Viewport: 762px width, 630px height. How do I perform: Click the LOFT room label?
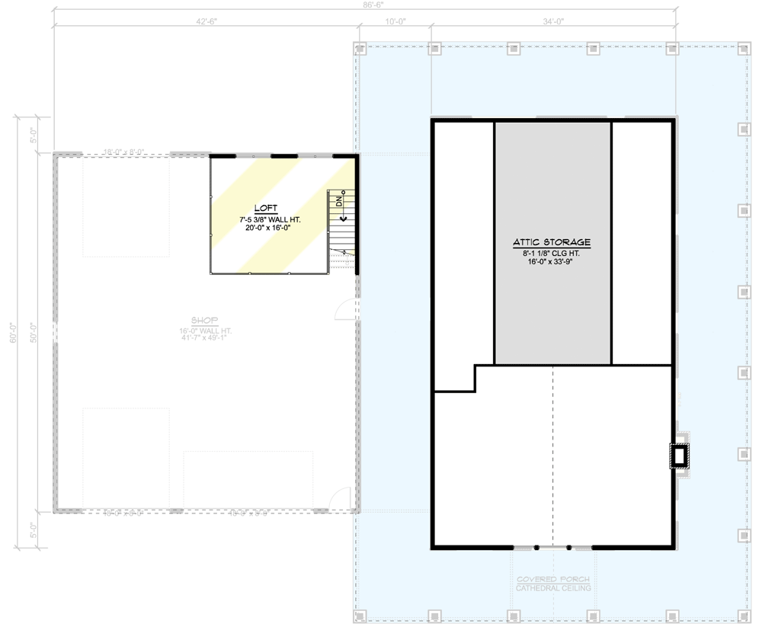[266, 208]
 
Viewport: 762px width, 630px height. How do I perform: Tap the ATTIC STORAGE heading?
[552, 242]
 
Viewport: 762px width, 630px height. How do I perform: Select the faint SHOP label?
[204, 321]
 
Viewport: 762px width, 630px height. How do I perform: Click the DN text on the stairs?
[339, 203]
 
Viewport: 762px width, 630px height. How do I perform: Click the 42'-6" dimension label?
[207, 21]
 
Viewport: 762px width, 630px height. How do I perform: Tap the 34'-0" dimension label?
[552, 21]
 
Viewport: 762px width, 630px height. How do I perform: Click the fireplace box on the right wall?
[679, 456]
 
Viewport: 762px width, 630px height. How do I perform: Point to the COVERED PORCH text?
[552, 580]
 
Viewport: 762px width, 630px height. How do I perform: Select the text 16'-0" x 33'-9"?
[552, 261]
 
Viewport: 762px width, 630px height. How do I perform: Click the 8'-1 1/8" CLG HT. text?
[552, 251]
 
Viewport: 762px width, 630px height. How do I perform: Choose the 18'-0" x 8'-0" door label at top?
[124, 151]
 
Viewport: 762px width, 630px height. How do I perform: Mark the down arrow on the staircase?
[344, 218]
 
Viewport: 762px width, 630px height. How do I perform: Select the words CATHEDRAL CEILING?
[552, 589]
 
